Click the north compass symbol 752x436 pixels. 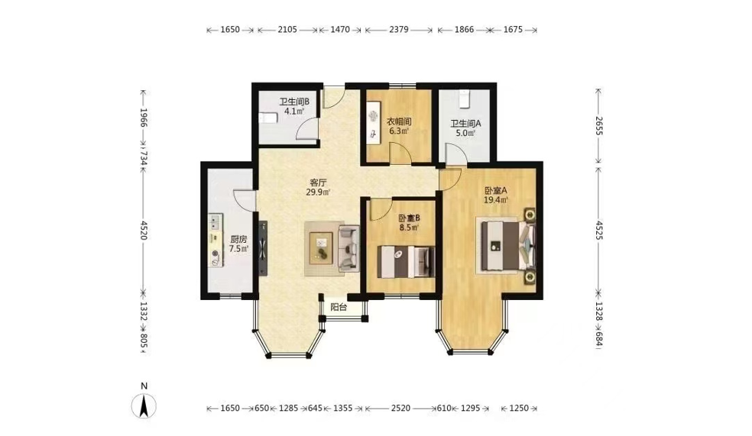(144, 406)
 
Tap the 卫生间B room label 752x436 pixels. (294, 102)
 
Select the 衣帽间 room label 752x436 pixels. (398, 121)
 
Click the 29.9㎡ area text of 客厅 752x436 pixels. (318, 192)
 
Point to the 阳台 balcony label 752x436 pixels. (339, 307)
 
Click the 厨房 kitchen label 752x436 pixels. (238, 239)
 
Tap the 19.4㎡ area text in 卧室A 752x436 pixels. (495, 200)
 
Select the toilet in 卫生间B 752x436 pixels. (267, 118)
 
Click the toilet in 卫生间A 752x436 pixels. (464, 99)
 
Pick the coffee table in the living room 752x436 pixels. (321, 247)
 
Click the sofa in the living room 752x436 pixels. (348, 248)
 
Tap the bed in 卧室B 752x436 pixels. (406, 262)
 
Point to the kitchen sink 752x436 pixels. (215, 221)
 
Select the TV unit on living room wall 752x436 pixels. (263, 248)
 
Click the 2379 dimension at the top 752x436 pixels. (398, 30)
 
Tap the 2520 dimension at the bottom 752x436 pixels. (400, 409)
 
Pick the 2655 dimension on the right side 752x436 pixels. (598, 125)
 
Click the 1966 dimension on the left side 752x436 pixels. (143, 118)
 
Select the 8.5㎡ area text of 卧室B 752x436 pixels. (409, 228)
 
